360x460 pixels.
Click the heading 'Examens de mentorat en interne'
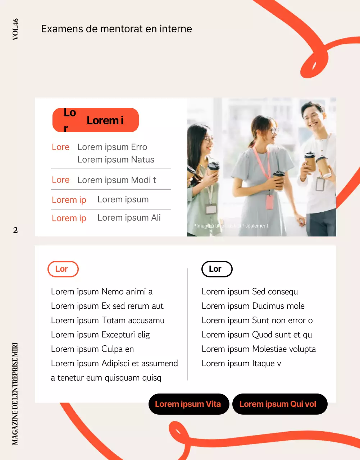[117, 29]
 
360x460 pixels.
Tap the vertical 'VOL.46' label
[15, 29]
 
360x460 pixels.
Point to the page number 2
[15, 230]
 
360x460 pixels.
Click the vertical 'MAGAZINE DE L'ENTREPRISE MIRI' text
[15, 394]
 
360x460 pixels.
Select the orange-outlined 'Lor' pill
[63, 269]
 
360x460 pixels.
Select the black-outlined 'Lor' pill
[217, 269]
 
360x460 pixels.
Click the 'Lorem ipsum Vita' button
[188, 404]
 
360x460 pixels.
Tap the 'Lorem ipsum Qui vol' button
[279, 404]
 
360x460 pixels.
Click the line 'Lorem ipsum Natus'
[116, 160]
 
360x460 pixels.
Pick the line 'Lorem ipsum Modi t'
[117, 180]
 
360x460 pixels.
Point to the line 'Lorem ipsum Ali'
[129, 218]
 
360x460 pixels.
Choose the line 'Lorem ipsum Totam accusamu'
[108, 320]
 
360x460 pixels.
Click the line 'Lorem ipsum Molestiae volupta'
[259, 349]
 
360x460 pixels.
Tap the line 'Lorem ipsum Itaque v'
[241, 363]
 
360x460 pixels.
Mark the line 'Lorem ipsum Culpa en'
[92, 349]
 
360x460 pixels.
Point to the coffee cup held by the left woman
[213, 169]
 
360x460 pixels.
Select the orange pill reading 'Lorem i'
[96, 120]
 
